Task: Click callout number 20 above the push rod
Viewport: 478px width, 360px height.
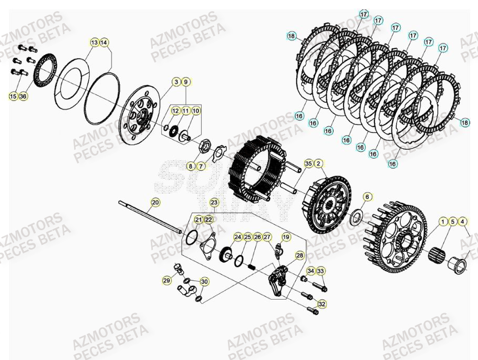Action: tap(155, 202)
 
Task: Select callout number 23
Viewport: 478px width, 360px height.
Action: tap(214, 202)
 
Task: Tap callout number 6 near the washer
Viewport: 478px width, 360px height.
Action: tap(367, 197)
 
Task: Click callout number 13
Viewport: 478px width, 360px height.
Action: tap(94, 42)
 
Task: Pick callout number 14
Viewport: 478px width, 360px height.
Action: tap(104, 42)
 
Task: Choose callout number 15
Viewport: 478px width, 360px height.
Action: tap(13, 96)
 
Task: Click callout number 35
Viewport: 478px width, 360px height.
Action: tap(308, 163)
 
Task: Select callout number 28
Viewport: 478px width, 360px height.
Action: tap(299, 255)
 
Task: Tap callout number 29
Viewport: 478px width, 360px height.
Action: tap(167, 281)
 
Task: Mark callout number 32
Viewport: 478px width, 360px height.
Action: tap(322, 304)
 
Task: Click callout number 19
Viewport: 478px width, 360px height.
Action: tap(286, 238)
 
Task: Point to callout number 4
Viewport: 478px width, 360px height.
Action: tap(463, 221)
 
